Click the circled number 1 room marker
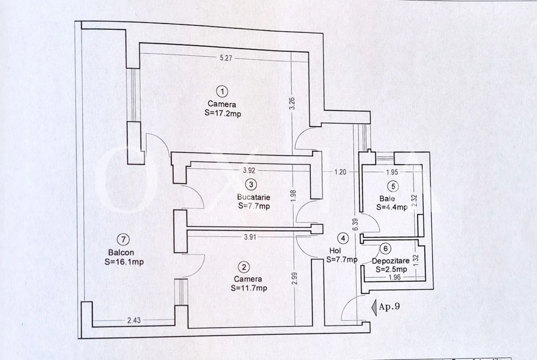click(223, 91)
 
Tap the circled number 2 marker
click(244, 267)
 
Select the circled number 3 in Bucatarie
click(251, 184)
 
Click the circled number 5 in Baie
click(393, 186)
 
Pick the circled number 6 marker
click(386, 249)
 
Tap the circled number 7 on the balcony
click(123, 239)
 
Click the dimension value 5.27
click(226, 58)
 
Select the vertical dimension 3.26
click(292, 103)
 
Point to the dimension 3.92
click(249, 170)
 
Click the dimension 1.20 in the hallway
click(340, 172)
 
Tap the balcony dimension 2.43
click(134, 320)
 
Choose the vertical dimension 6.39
click(355, 224)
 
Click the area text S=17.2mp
click(223, 113)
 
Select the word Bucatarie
click(254, 197)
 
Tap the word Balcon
click(121, 253)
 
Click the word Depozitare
click(391, 261)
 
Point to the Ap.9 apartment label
click(389, 306)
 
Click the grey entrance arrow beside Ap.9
click(374, 306)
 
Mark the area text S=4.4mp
click(392, 207)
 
